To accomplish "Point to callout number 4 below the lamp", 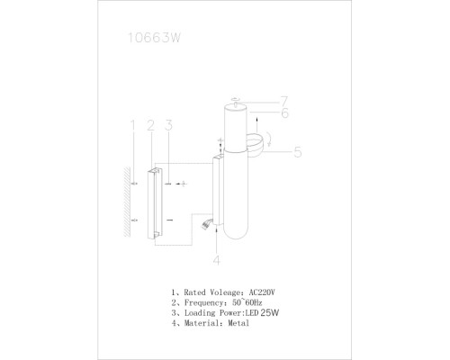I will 217,261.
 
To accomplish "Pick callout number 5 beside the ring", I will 297,152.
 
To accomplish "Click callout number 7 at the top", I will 282,100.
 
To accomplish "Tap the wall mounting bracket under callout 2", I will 154,202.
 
